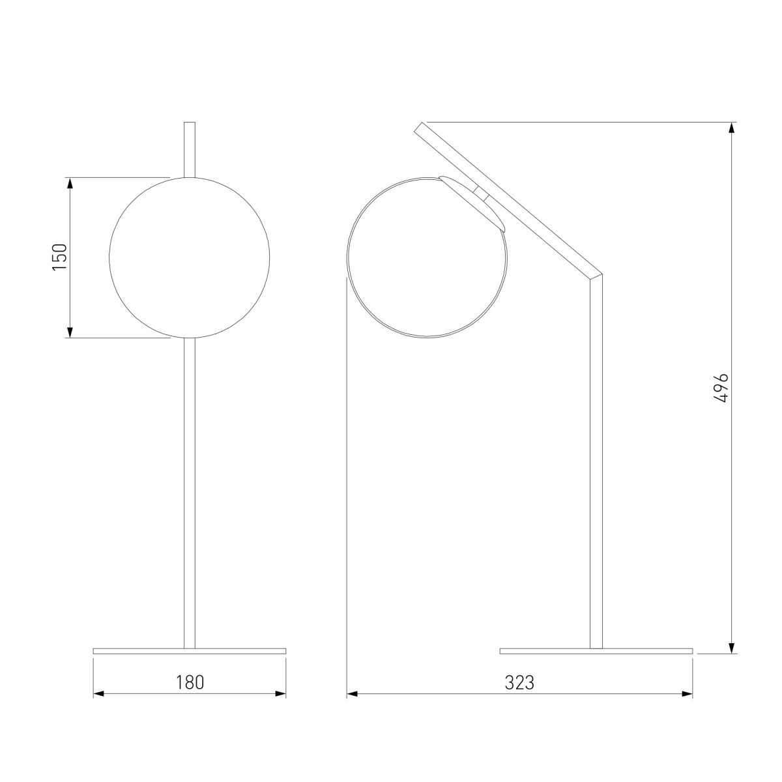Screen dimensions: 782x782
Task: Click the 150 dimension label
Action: pos(60,257)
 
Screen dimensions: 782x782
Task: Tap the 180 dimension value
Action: pos(190,682)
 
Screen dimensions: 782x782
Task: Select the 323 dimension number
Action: pos(519,682)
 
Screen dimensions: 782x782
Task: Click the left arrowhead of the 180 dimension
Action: pos(98,693)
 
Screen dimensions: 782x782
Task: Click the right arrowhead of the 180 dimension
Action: pos(280,693)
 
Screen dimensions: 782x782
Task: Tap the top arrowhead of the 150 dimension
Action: pos(70,183)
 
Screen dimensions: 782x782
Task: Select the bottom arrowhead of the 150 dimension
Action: pos(70,332)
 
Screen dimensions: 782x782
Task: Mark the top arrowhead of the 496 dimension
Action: pos(732,128)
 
